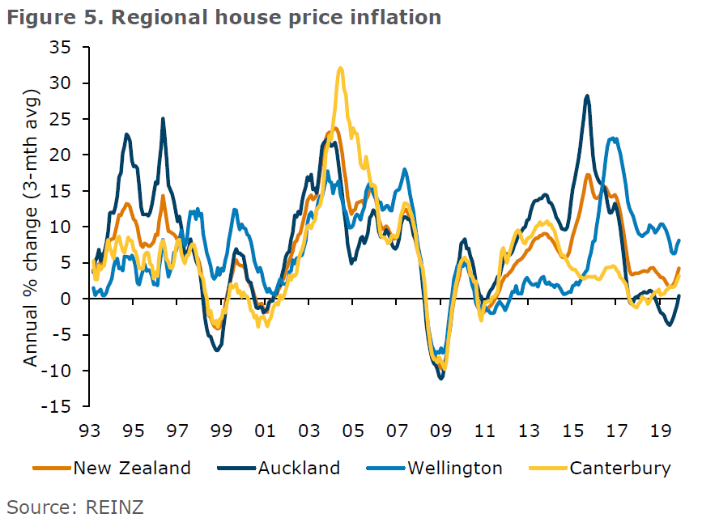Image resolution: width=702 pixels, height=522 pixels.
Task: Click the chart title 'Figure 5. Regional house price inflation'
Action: tap(224, 17)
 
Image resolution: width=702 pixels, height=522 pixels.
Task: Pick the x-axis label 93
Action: tap(91, 428)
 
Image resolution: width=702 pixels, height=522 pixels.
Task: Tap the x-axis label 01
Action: tap(266, 428)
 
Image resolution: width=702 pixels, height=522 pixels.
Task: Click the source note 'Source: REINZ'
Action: tap(75, 507)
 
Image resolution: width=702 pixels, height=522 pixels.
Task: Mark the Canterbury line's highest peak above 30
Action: tap(341, 69)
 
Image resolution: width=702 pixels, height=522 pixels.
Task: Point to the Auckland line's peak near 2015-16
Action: tap(587, 96)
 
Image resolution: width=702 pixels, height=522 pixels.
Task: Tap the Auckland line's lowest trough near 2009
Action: tap(440, 378)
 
